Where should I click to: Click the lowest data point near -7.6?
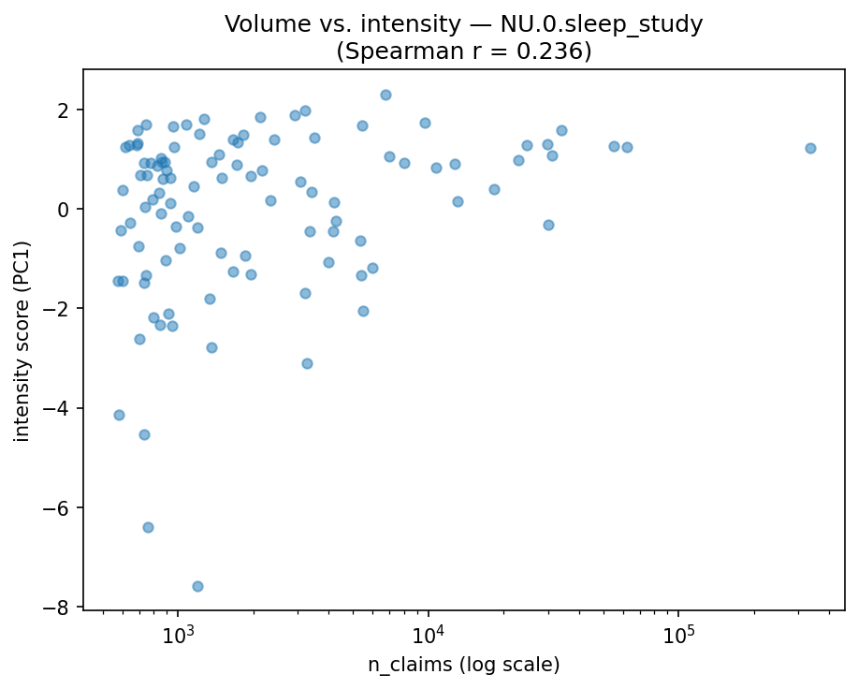(x=197, y=586)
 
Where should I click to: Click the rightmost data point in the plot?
(x=810, y=148)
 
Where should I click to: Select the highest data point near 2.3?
(x=385, y=95)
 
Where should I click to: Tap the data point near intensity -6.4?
(x=148, y=527)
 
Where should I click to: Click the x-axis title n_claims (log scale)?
(x=464, y=665)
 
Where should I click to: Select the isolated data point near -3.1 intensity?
(x=307, y=363)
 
